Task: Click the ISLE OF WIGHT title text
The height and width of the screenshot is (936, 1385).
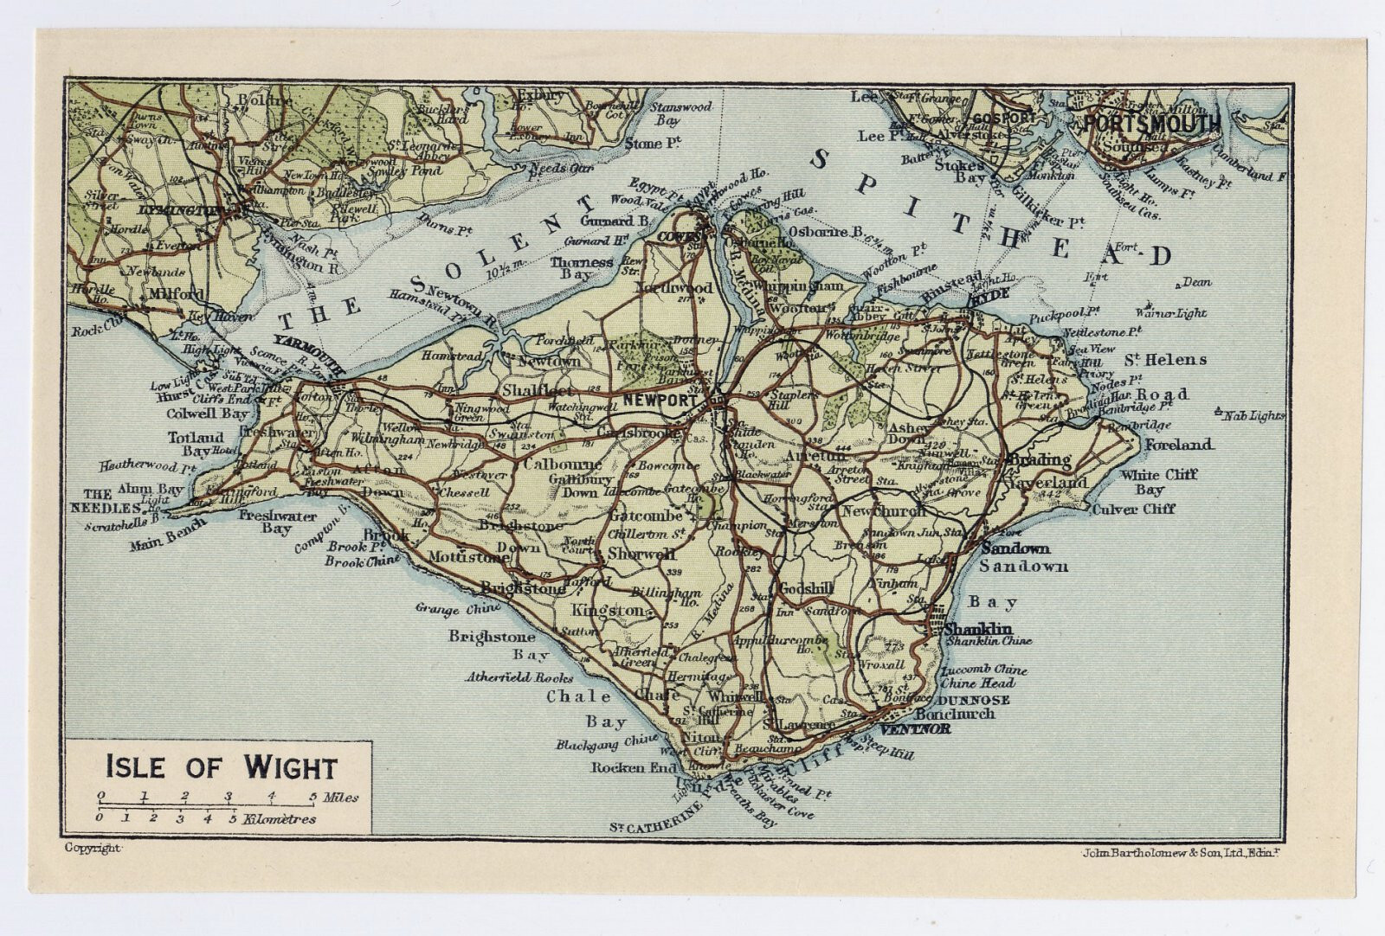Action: [x=221, y=766]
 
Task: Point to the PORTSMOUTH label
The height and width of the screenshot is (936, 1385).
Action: [x=1151, y=124]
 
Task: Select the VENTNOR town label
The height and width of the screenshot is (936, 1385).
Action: [x=919, y=729]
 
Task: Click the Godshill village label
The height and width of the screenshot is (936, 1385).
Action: [x=806, y=588]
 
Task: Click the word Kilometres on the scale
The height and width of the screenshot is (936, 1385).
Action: [x=280, y=818]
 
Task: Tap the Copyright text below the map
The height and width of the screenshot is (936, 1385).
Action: [x=93, y=849]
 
